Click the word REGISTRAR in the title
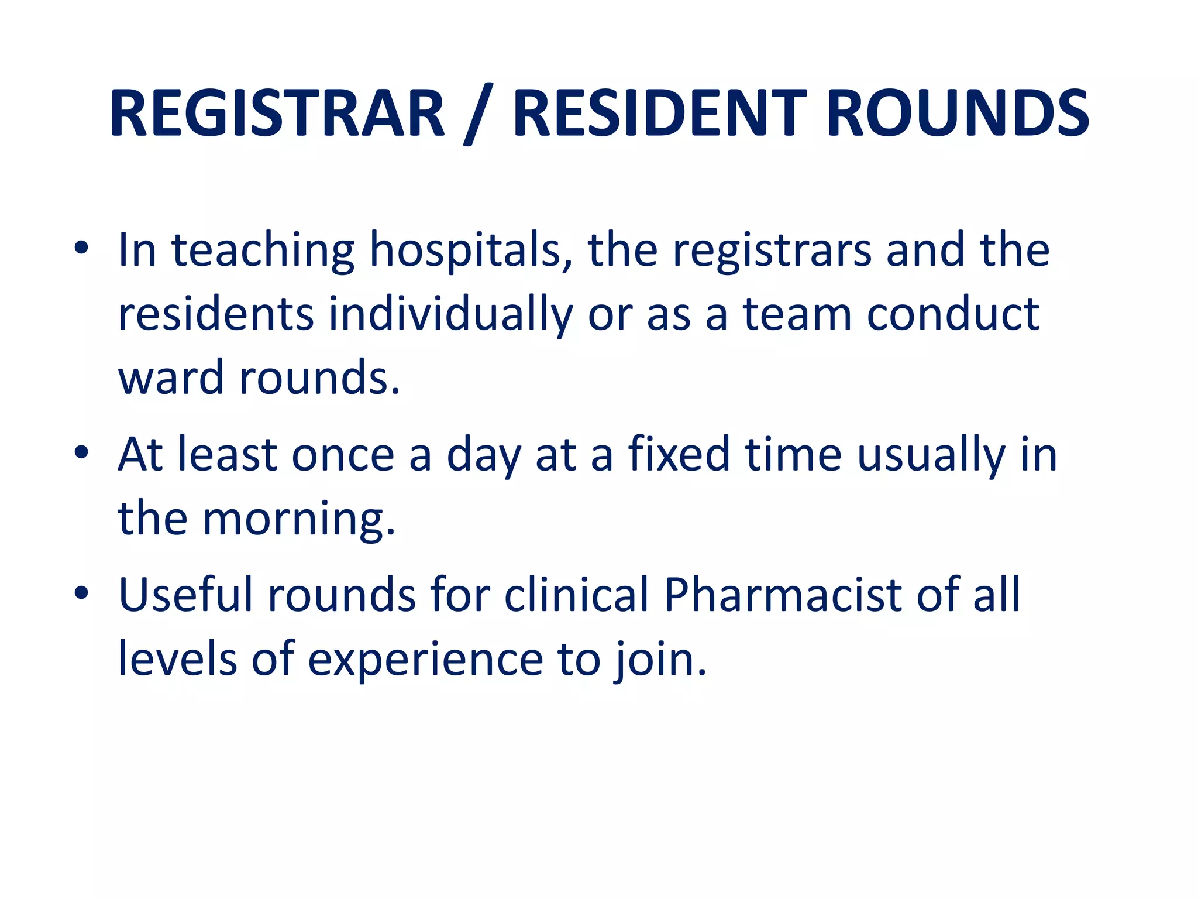[x=277, y=114]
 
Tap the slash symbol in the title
[x=478, y=114]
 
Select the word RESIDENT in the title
[x=660, y=114]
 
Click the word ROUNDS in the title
[x=958, y=114]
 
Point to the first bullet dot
[x=81, y=248]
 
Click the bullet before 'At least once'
[x=81, y=452]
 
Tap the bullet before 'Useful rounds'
[x=81, y=593]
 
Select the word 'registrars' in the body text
[x=772, y=251]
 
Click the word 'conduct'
[x=952, y=314]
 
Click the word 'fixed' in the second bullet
[x=679, y=454]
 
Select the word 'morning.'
[x=299, y=520]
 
